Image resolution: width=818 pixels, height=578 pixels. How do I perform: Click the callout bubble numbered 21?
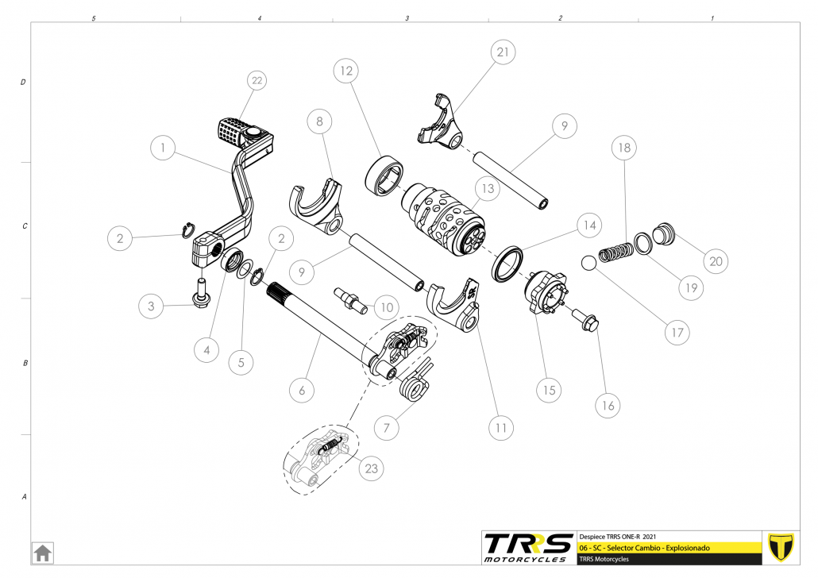[x=503, y=52]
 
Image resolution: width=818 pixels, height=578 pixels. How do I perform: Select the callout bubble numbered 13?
[x=488, y=188]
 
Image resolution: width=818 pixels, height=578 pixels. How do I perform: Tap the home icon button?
[x=43, y=553]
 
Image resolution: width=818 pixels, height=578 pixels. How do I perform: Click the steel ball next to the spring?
[x=589, y=263]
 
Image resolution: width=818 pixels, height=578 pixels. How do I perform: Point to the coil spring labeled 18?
[x=615, y=252]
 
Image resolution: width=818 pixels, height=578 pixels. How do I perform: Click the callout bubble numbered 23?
[x=372, y=468]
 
